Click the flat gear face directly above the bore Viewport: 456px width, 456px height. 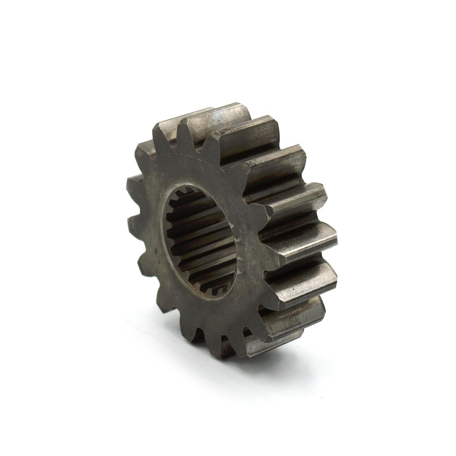(x=201, y=167)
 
